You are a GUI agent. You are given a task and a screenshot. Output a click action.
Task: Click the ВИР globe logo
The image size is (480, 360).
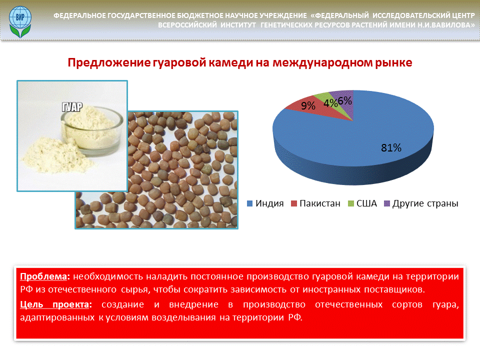pyautogui.click(x=20, y=22)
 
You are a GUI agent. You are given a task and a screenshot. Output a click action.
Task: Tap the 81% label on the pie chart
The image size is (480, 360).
pyautogui.click(x=391, y=148)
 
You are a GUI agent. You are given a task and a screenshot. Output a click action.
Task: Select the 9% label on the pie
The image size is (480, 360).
pyautogui.click(x=308, y=105)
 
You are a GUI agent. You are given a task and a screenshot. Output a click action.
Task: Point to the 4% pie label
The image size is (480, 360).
pyautogui.click(x=330, y=103)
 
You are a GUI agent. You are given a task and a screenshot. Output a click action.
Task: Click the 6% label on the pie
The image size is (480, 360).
pyautogui.click(x=345, y=100)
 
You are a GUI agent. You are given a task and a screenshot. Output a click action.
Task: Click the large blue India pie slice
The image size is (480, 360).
pyautogui.click(x=367, y=138)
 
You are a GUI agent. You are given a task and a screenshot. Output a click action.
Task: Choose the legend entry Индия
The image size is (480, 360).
pyautogui.click(x=265, y=203)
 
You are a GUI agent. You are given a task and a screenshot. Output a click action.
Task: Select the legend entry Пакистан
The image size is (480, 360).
pyautogui.click(x=315, y=203)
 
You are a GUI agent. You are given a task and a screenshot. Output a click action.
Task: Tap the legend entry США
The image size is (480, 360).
pyautogui.click(x=362, y=203)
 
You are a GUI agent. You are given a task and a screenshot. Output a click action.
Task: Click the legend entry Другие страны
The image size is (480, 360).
pyautogui.click(x=421, y=203)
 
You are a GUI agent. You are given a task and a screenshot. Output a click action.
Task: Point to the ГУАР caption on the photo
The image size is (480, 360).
pyautogui.click(x=72, y=107)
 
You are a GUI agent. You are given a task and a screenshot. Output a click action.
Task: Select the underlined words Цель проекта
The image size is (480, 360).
pyautogui.click(x=56, y=304)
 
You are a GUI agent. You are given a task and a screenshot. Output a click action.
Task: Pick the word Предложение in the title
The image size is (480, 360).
pyautogui.click(x=109, y=63)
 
